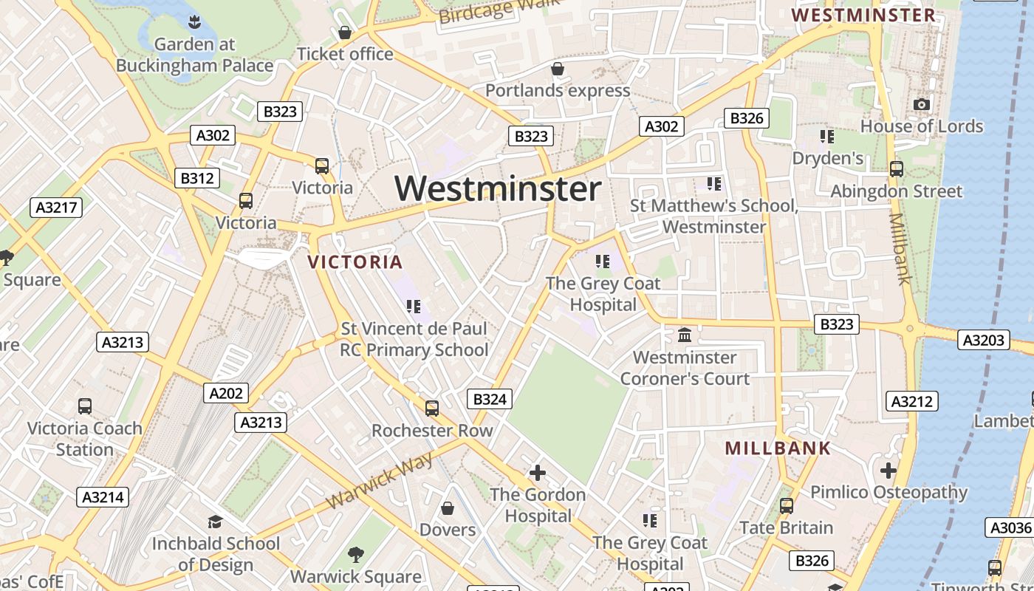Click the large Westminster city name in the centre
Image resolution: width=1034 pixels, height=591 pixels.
pyautogui.click(x=498, y=189)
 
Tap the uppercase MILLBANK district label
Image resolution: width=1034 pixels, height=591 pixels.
pyautogui.click(x=778, y=448)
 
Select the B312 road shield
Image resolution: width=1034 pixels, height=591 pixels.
pyautogui.click(x=197, y=178)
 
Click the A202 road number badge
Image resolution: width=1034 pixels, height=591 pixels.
pyautogui.click(x=226, y=393)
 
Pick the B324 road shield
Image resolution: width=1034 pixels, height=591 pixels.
pyautogui.click(x=490, y=400)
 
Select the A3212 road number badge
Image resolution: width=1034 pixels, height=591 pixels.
pyautogui.click(x=912, y=401)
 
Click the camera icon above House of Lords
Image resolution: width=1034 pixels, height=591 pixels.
pyautogui.click(x=921, y=105)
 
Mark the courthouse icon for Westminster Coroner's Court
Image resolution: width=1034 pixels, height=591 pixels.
pyautogui.click(x=685, y=335)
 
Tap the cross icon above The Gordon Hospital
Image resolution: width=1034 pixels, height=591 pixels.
pyautogui.click(x=538, y=472)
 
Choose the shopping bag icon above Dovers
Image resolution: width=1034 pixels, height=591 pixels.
pyautogui.click(x=447, y=508)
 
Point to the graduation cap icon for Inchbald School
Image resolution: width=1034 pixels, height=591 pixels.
pyautogui.click(x=215, y=522)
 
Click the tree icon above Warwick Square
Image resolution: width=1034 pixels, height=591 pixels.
pyautogui.click(x=355, y=554)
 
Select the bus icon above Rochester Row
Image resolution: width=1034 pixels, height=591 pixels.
pyautogui.click(x=431, y=408)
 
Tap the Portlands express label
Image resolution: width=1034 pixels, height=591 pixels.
pyautogui.click(x=558, y=90)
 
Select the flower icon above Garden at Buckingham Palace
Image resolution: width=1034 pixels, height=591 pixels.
pyautogui.click(x=194, y=21)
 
